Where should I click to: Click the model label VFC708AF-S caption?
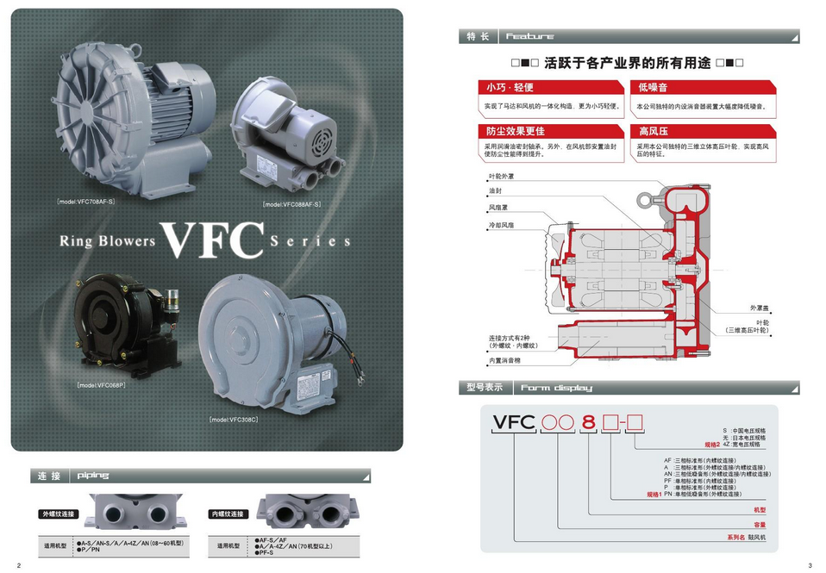85,202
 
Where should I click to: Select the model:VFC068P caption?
101,385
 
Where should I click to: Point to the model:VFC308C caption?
233,420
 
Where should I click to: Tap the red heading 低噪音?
654,88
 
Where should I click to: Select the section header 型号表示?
485,388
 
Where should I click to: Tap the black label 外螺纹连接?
59,514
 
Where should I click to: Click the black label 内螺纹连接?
228,514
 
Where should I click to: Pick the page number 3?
810,565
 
